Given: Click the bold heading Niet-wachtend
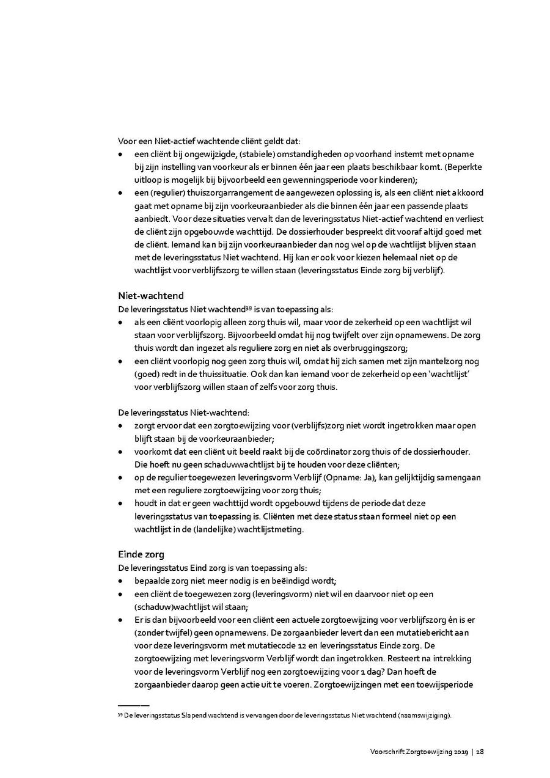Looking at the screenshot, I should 150,296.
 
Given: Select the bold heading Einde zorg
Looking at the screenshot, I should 141,555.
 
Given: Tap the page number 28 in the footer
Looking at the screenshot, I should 481,752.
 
